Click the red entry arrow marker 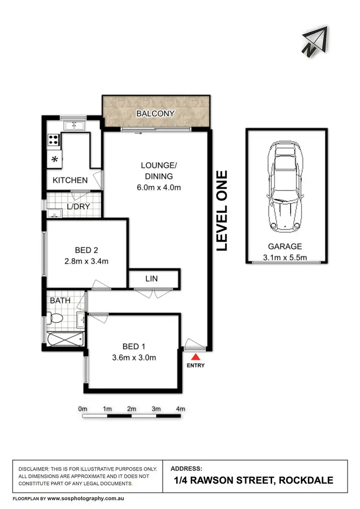pyautogui.click(x=195, y=357)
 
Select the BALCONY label pyautogui.click(x=155, y=114)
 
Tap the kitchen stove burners pyautogui.click(x=53, y=141)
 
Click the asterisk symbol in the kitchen pyautogui.click(x=55, y=160)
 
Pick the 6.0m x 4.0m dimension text pyautogui.click(x=159, y=188)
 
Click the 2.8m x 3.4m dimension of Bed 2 pyautogui.click(x=87, y=261)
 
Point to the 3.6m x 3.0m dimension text pyautogui.click(x=134, y=357)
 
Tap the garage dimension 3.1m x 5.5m pyautogui.click(x=285, y=258)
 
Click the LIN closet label pyautogui.click(x=152, y=278)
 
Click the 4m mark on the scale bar pyautogui.click(x=180, y=409)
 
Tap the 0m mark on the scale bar pyautogui.click(x=83, y=409)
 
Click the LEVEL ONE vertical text pyautogui.click(x=221, y=211)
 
